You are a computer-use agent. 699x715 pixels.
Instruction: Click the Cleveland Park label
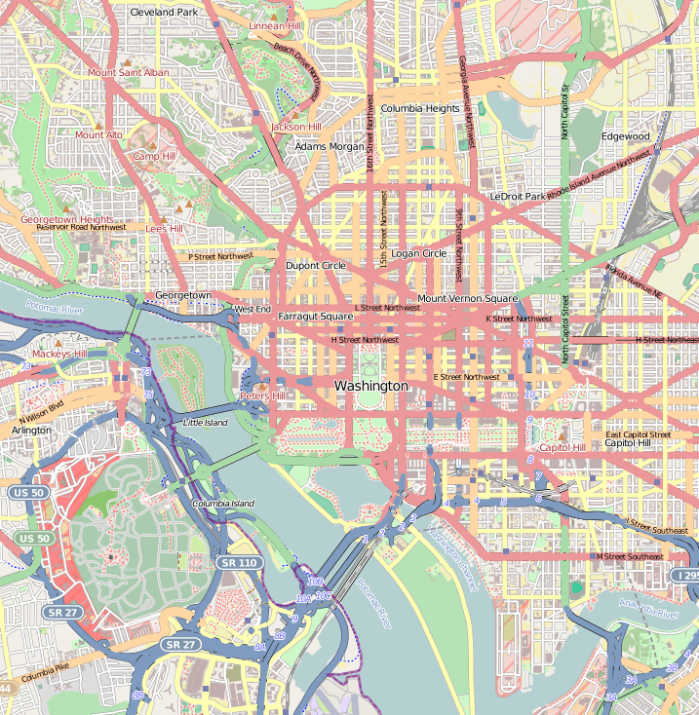(x=163, y=13)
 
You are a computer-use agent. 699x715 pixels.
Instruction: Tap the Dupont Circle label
(x=315, y=265)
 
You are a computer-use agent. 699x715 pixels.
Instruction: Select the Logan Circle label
(x=418, y=253)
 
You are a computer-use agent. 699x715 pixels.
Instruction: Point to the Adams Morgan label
(x=329, y=147)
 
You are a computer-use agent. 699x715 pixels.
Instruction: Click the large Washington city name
(x=371, y=387)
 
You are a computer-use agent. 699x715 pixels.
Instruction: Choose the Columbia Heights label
(x=419, y=109)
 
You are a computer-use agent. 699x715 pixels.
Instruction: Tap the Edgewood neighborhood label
(x=625, y=136)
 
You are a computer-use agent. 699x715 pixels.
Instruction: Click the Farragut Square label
(x=315, y=317)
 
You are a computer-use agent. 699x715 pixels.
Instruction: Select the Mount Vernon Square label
(x=467, y=298)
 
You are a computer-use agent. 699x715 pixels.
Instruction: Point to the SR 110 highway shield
(x=239, y=563)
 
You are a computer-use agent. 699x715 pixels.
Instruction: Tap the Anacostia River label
(x=653, y=615)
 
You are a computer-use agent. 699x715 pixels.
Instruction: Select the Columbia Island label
(x=222, y=504)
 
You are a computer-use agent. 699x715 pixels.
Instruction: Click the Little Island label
(x=205, y=423)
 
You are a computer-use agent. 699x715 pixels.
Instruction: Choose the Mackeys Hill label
(x=59, y=354)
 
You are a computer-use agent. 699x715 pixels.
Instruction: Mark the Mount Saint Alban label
(x=129, y=73)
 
